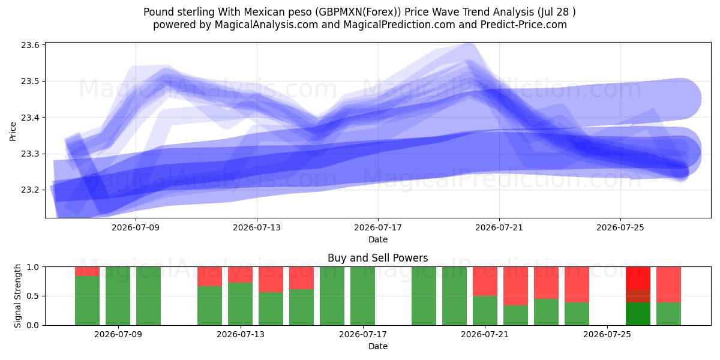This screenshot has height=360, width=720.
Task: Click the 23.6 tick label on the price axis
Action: pos(30,45)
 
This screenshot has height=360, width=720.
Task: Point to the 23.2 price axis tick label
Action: pos(30,190)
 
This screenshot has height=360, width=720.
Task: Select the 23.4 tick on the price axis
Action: pos(30,118)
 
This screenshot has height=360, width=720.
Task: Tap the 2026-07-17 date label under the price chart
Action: pos(378,227)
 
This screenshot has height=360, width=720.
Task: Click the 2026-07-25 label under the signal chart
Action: pos(607,334)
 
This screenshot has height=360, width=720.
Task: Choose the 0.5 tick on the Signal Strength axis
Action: pos(32,296)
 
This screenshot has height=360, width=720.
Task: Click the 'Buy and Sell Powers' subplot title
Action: pos(377,258)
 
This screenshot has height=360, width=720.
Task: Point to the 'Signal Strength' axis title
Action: pos(17,296)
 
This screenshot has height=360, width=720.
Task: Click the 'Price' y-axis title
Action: pos(13,131)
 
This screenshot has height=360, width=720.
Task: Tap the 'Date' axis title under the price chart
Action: pos(378,239)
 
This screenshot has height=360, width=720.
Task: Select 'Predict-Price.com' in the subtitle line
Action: pos(524,25)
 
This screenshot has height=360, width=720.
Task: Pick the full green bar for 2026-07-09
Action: pos(118,296)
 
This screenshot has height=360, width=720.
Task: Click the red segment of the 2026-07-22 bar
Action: pos(515,286)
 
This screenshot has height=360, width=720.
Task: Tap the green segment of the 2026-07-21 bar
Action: pos(485,311)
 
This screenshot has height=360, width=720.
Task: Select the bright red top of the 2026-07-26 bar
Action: pos(638,278)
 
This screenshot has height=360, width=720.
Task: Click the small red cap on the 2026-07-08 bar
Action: pos(87,271)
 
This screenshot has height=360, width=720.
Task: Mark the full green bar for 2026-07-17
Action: pos(362,296)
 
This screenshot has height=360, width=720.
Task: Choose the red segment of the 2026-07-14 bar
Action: pos(271,280)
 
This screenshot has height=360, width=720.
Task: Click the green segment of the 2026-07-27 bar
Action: pos(668,314)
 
